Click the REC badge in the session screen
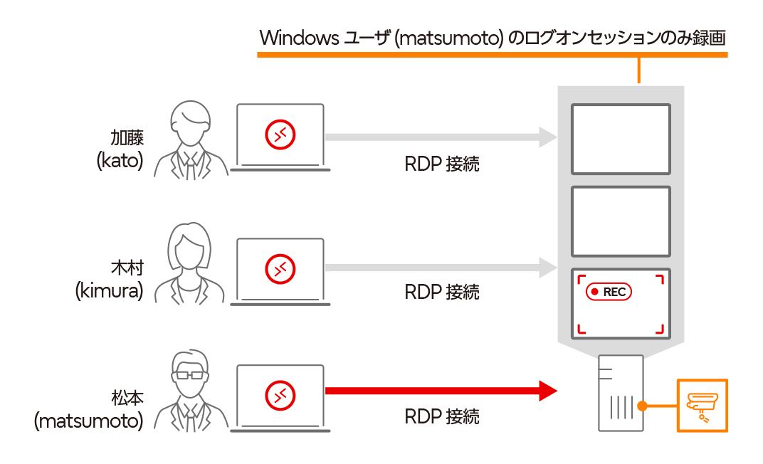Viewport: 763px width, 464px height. (609, 292)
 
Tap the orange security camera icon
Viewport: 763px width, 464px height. (702, 406)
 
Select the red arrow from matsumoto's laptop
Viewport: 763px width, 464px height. (441, 391)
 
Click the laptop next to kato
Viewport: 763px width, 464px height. (280, 137)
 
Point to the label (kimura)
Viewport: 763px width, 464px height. (110, 290)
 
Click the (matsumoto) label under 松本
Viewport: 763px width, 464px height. (89, 421)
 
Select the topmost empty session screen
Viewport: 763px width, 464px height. (621, 139)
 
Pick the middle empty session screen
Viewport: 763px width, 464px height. (621, 221)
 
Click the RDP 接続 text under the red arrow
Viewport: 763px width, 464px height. (442, 416)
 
